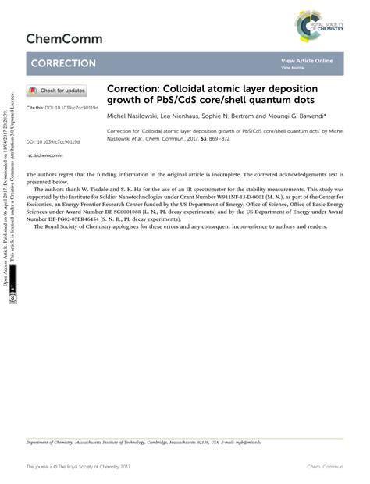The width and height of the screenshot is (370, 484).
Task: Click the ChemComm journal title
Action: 64,38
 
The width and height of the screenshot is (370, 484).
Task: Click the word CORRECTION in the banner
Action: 64,63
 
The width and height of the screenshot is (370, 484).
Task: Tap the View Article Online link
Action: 307,60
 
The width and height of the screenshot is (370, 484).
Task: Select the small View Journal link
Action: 292,68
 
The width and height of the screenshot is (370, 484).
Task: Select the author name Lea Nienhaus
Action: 188,115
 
